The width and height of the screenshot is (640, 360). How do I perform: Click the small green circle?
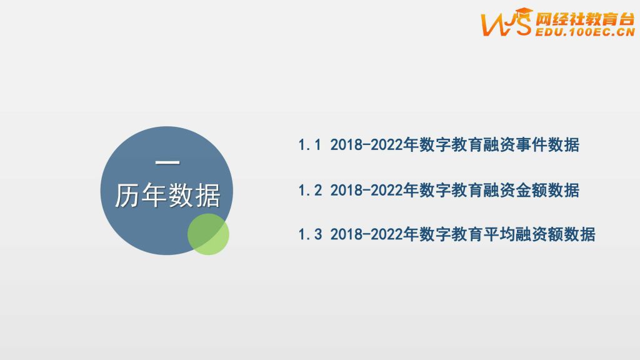(208, 234)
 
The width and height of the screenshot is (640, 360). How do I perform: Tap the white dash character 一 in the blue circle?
(167, 162)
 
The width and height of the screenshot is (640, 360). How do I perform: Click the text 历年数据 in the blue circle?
(167, 196)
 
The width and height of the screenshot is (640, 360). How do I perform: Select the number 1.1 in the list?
(310, 145)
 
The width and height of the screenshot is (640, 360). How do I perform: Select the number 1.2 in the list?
(310, 191)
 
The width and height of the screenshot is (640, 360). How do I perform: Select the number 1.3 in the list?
(310, 235)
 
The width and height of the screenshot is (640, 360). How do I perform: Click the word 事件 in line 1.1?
(531, 145)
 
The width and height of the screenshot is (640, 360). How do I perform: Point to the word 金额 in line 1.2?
(531, 191)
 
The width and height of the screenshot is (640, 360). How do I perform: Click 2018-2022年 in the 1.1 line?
(374, 145)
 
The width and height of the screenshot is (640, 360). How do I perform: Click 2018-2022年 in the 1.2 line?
(374, 191)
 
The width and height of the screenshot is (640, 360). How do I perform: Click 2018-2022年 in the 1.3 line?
(374, 235)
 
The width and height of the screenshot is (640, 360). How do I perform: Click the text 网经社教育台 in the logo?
(585, 19)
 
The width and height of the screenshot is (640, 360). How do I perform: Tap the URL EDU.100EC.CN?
(585, 32)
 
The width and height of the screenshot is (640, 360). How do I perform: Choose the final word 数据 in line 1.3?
(579, 235)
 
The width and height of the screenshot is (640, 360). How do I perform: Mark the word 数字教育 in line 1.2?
(451, 191)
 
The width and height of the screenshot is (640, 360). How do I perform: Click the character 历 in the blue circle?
(127, 196)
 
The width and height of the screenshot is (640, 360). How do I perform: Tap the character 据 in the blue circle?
(208, 196)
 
